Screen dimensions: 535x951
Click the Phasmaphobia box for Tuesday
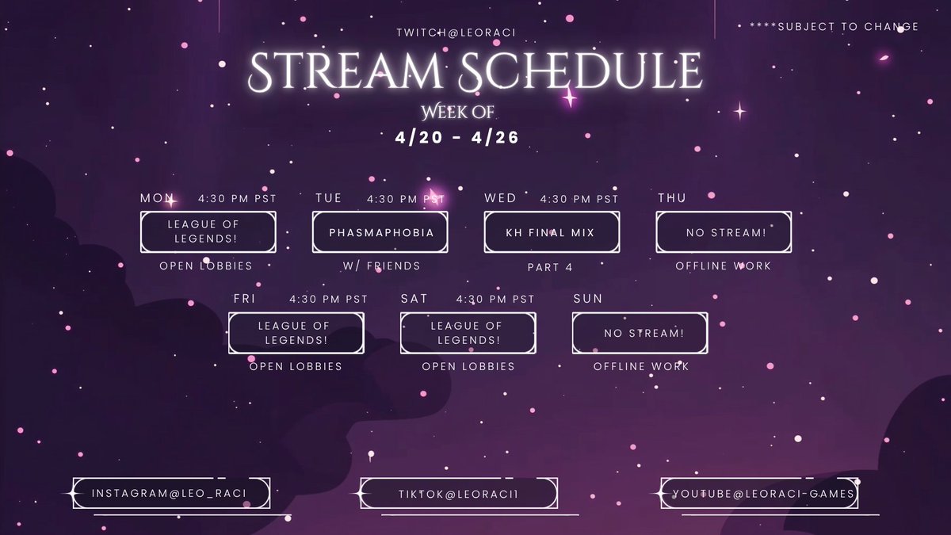(x=380, y=232)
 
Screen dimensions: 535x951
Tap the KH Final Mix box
(x=552, y=232)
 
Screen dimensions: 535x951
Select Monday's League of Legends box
(x=208, y=232)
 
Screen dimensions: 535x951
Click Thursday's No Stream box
(x=723, y=232)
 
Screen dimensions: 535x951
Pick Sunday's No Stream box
(x=640, y=333)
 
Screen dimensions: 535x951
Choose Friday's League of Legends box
(x=296, y=333)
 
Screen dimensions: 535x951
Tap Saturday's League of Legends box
(x=468, y=333)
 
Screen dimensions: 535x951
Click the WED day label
(x=500, y=198)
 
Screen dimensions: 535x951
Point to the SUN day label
(x=587, y=299)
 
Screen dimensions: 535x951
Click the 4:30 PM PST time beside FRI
(x=329, y=300)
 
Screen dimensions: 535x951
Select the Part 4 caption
(x=550, y=267)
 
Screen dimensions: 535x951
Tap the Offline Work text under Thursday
(x=723, y=266)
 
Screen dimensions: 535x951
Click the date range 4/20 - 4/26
(x=457, y=137)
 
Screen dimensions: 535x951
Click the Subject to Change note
(x=834, y=26)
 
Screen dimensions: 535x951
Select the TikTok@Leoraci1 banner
(x=458, y=494)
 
